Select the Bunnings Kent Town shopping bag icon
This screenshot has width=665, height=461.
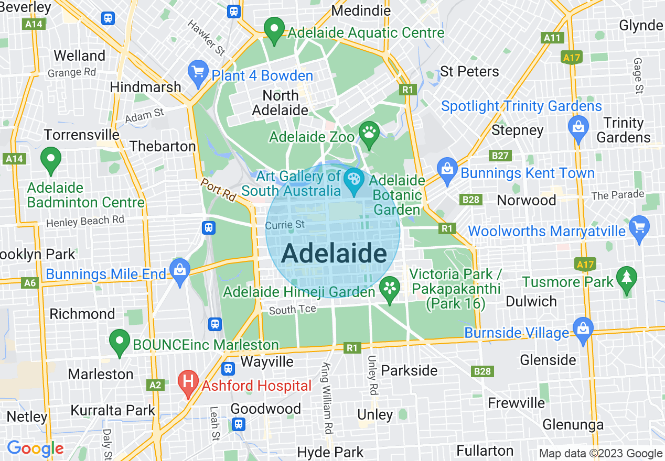pyautogui.click(x=447, y=170)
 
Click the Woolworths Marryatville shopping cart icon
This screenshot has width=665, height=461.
pyautogui.click(x=639, y=228)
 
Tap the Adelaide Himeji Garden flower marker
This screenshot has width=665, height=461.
pyautogui.click(x=390, y=288)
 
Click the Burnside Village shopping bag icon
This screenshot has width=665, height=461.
pyautogui.click(x=583, y=330)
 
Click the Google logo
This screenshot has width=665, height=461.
pyautogui.click(x=35, y=448)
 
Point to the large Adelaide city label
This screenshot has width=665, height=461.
pyautogui.click(x=334, y=254)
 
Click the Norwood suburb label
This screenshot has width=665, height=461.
pyautogui.click(x=526, y=200)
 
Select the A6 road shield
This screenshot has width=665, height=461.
pyautogui.click(x=30, y=283)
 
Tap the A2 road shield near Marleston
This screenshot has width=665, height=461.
pyautogui.click(x=155, y=385)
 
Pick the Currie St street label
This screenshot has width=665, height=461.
pyautogui.click(x=285, y=225)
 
